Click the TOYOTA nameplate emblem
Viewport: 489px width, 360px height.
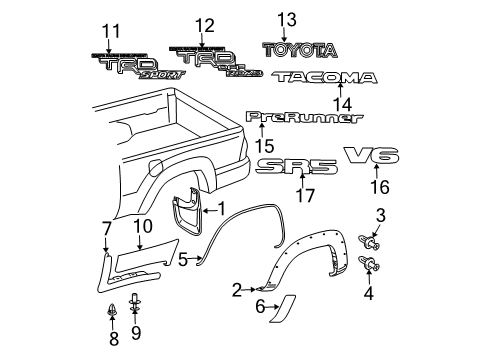coord(301,48)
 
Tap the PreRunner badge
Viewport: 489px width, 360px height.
coord(304,117)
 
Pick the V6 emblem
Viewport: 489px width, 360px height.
coord(372,155)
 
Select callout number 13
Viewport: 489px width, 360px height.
coord(288,19)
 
